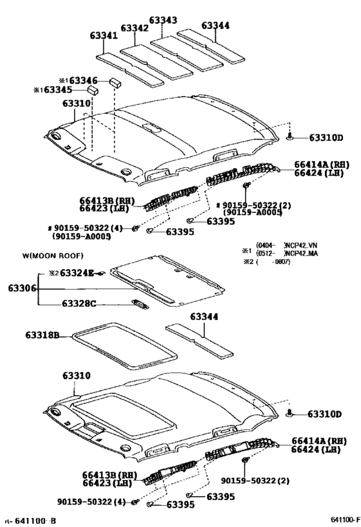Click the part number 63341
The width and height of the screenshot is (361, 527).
pos(103,36)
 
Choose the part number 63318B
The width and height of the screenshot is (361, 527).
pos(43,335)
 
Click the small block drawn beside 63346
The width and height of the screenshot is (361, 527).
pos(114,82)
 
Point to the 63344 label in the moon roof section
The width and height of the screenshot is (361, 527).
pos(204,317)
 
